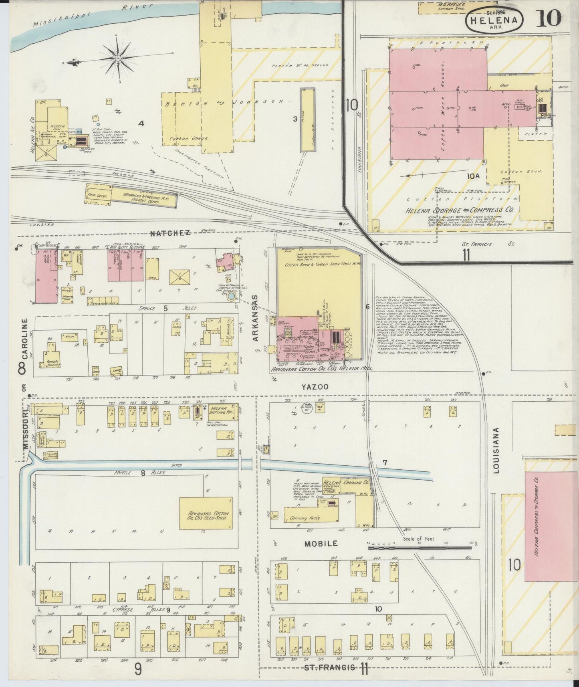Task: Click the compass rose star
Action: tap(118, 59)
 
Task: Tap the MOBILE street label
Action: tap(321, 544)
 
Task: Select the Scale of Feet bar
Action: tap(420, 544)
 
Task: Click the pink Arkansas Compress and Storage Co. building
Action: tap(551, 525)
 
